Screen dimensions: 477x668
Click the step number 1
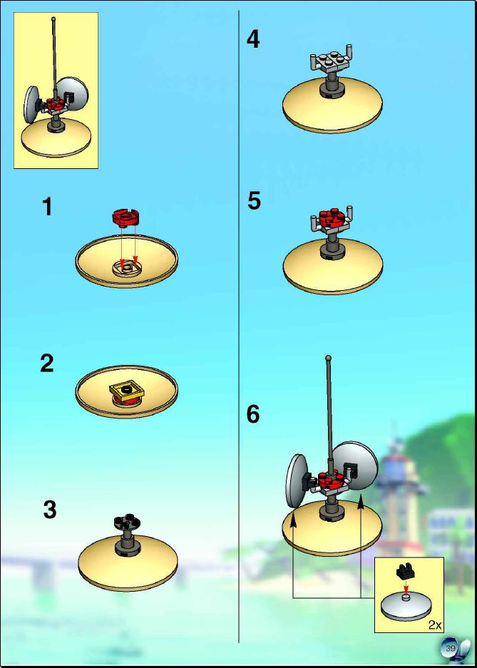pos(47,207)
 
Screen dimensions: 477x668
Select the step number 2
pos(47,364)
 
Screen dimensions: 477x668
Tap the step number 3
pos(50,510)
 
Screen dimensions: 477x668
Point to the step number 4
pos(253,40)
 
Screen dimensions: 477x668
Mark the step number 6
pos(253,414)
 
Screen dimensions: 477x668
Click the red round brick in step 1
pos(126,217)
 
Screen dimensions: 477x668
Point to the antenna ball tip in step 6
pos(328,359)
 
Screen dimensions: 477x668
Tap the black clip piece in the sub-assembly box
pos(404,572)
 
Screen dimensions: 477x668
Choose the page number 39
pos(450,649)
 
